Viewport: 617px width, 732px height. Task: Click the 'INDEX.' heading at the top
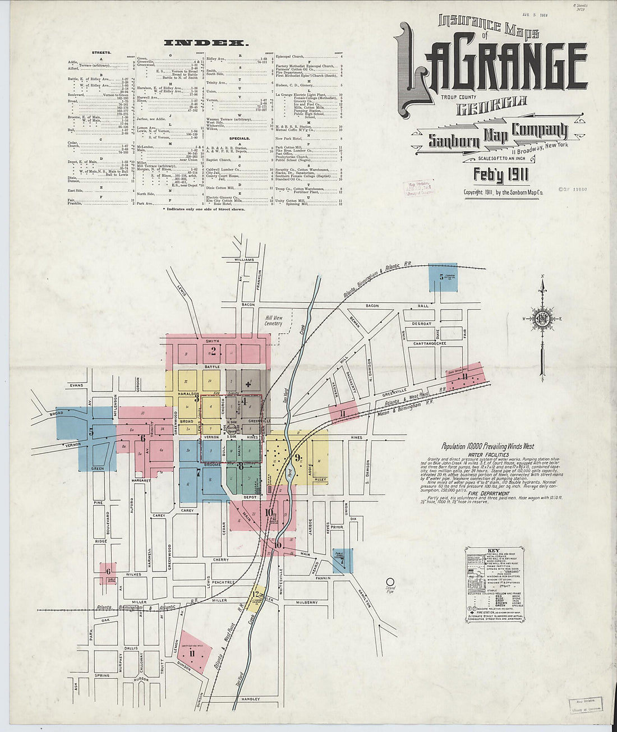point(205,42)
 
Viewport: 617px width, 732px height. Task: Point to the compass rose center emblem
point(542,320)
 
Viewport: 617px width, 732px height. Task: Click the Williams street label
point(245,260)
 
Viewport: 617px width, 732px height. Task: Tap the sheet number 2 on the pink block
point(213,352)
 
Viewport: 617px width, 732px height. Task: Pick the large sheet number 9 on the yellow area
point(298,456)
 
